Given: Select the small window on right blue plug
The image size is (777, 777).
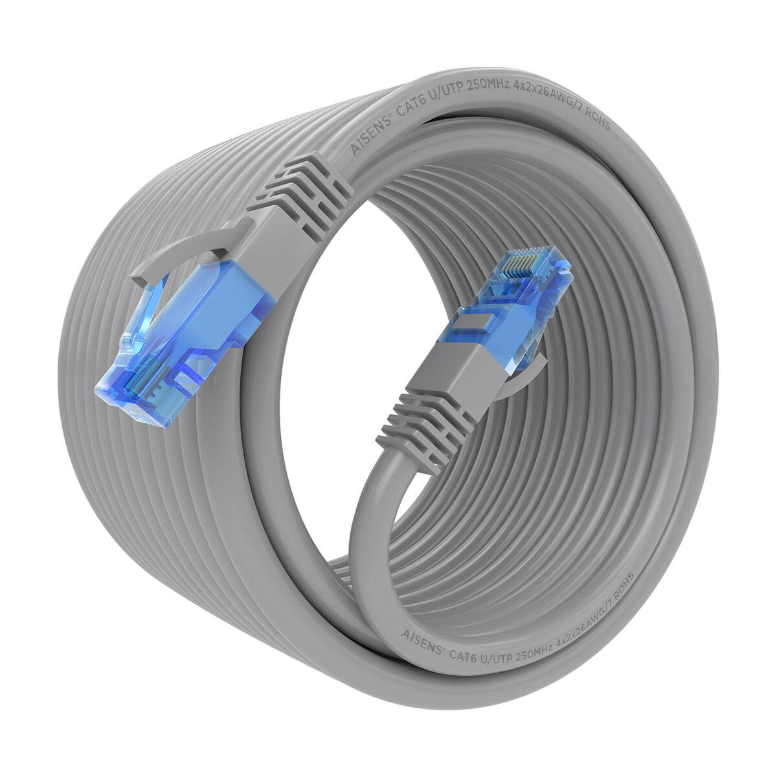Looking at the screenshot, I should tap(473, 321).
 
